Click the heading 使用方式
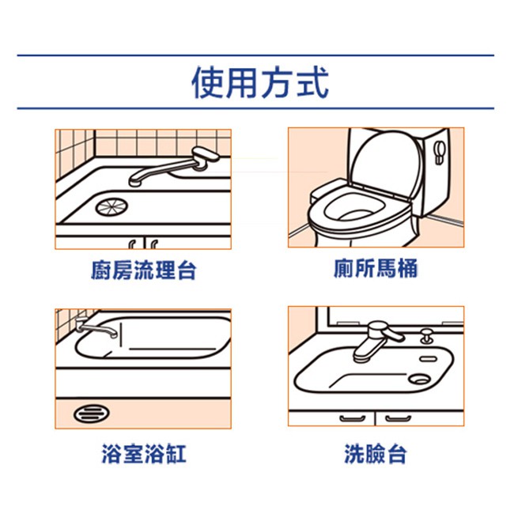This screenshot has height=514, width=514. coord(260,82)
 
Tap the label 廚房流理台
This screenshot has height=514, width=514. coord(144,270)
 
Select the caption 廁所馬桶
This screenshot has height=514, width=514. coord(376,268)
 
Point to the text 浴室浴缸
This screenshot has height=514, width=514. coord(144,453)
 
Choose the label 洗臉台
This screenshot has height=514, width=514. coord(376,453)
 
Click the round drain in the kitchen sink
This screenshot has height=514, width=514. coord(111,206)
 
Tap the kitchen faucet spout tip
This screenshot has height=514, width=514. coord(134,182)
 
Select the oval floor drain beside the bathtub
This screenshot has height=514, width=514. coord(92,414)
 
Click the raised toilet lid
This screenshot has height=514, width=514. coord(385,164)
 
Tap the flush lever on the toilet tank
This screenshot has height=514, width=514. coord(440,153)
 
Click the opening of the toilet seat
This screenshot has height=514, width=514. coord(354,208)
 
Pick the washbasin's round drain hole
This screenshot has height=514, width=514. coord(419,380)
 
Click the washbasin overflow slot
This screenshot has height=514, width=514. coord(429,359)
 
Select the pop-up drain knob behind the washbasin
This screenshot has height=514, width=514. coord(426,336)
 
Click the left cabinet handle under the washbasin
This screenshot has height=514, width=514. coord(353,418)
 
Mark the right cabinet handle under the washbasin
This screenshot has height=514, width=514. coord(398,418)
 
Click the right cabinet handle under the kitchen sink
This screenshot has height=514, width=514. coord(153,244)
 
